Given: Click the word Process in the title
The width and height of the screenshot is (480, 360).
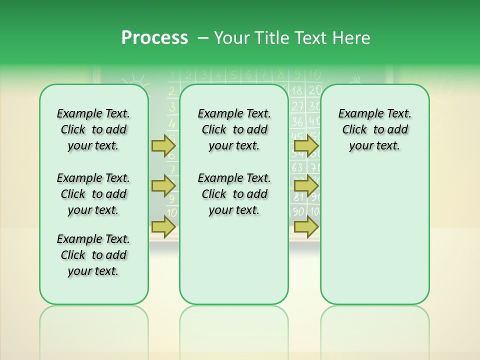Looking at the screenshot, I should point(154,38).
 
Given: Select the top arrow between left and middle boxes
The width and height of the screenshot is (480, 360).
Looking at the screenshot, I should point(163,145).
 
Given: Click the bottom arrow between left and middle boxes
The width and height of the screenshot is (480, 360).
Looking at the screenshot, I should point(163,226).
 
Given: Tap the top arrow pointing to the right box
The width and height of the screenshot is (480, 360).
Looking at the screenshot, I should point(306,145).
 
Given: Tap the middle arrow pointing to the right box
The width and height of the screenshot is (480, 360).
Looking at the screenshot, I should point(306,186).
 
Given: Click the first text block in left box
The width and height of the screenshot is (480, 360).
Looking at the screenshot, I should point(93,129).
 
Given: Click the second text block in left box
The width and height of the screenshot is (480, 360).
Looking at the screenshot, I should point(93,194).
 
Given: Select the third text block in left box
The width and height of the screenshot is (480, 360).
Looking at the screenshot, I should point(93,255).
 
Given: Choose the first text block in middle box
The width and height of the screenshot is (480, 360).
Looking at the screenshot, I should point(234,129).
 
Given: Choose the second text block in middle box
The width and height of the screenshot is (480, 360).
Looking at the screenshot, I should point(234,194).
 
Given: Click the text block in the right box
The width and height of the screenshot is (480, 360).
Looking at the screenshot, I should point(374,129).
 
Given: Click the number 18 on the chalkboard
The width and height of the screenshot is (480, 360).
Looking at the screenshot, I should point(297,90).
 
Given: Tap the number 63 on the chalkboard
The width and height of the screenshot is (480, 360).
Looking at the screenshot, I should point(297,167).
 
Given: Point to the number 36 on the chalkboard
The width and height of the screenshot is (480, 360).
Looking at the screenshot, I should point(297,121).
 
